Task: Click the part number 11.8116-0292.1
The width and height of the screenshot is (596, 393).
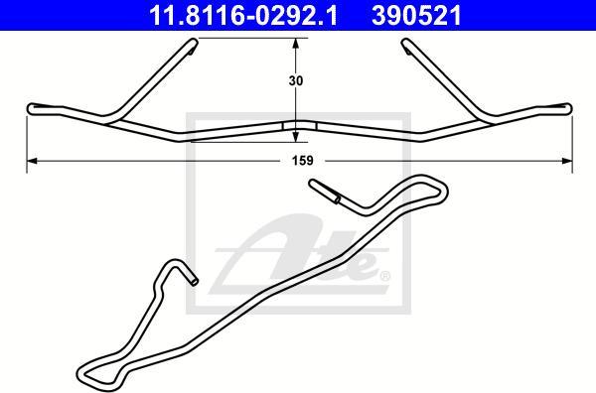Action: coord(243,15)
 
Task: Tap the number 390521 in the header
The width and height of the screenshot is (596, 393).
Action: coord(416,15)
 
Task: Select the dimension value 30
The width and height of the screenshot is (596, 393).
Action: coord(296,80)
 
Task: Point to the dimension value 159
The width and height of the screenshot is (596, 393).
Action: coord(303,161)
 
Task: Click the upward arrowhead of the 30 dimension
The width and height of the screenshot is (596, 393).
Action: coord(295,44)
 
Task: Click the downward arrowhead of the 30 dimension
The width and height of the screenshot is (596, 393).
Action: coord(295,137)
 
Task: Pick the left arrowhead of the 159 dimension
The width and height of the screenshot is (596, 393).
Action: coord(32,161)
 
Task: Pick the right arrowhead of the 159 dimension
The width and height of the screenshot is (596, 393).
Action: coord(567,161)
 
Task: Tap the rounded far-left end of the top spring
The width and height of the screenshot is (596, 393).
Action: coord(31,109)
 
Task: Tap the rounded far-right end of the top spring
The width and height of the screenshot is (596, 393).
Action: coord(568,108)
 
